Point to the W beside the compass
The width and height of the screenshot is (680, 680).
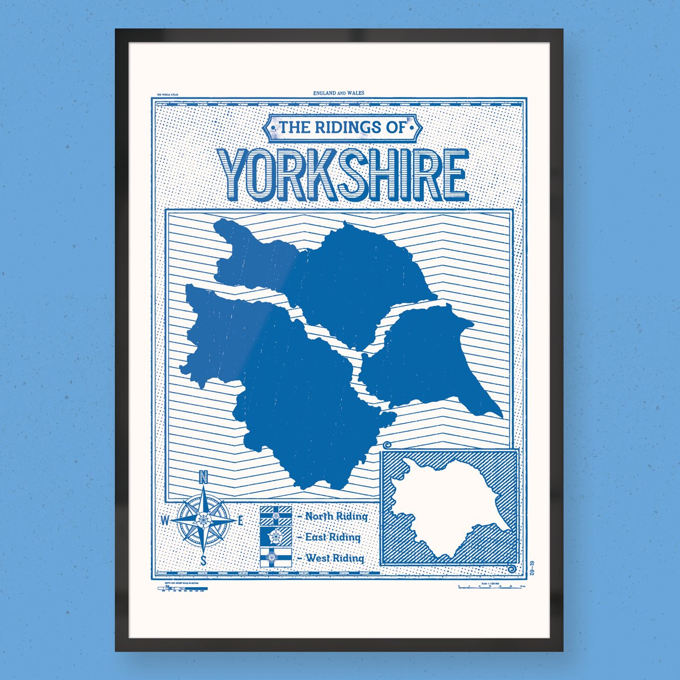coord(165,520)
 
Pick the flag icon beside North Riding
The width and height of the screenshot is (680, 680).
coord(275,516)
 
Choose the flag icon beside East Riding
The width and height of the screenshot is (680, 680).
coord(275,537)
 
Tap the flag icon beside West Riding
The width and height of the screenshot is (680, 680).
coord(275,558)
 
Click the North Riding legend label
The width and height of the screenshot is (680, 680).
coord(335,516)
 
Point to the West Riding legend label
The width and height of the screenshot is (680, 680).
coord(334,558)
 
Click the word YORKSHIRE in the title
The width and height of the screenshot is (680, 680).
coord(345,172)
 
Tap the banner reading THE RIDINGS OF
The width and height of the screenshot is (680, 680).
coord(342,129)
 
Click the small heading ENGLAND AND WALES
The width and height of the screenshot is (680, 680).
coord(338,93)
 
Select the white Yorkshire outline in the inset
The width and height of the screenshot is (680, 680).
coord(448,507)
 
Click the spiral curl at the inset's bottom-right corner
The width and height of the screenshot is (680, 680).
coord(513,569)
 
